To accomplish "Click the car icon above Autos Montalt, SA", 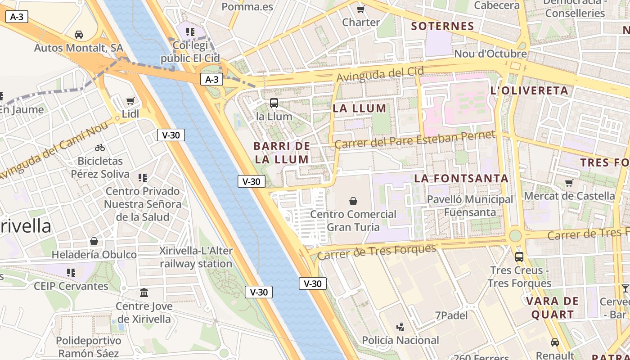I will coord(79,34).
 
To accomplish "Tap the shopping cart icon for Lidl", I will coord(130,101).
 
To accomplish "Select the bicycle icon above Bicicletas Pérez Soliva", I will coord(100,148).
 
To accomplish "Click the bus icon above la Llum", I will coord(274,103).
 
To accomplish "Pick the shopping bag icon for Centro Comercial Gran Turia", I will coord(353,201).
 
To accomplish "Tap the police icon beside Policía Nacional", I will coord(400,327).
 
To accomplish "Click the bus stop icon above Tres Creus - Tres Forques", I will coord(519,257).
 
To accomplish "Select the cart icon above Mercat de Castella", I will coord(569,183).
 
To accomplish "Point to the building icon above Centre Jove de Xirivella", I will coord(144,293).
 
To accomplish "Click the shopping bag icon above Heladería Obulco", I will coord(94,241).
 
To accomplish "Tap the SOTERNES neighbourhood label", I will coord(443,26).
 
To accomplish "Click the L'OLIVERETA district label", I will coord(529,90).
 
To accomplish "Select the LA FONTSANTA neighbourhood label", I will coord(461,178).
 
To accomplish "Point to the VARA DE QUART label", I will coord(552,308).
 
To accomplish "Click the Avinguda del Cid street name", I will coord(380,74).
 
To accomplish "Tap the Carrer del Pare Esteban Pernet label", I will coord(414,139).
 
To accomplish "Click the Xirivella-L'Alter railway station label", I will coord(196,257).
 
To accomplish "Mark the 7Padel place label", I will coord(451,315).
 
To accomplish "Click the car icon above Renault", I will coord(555,342).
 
